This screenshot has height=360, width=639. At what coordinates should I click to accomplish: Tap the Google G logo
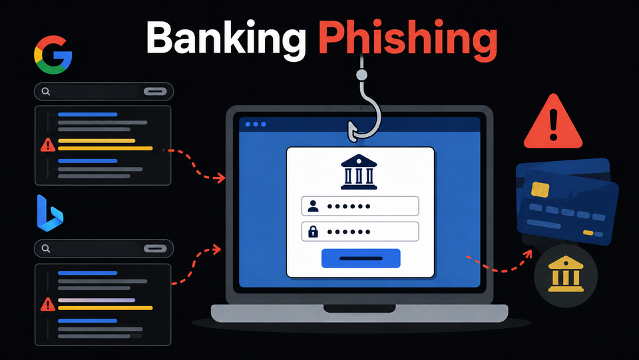click(53, 55)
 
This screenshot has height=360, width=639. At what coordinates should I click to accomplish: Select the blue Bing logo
click(50, 213)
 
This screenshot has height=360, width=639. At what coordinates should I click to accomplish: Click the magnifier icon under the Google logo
click(46, 92)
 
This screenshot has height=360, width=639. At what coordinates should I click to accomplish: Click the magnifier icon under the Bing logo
click(46, 248)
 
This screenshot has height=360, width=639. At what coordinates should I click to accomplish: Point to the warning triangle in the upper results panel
click(48, 145)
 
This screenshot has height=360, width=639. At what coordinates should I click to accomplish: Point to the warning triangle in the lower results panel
click(48, 304)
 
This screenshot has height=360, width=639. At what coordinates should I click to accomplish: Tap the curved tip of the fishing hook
click(351, 132)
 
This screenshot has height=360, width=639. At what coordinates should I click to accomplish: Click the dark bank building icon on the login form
click(359, 172)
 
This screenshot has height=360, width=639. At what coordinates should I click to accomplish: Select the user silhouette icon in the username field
click(313, 206)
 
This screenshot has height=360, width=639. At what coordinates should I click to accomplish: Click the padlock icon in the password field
click(313, 232)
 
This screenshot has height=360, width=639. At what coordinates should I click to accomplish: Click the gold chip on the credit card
click(540, 190)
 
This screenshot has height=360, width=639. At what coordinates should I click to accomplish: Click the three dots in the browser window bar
click(256, 124)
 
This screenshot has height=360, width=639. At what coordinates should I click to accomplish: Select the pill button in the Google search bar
click(155, 92)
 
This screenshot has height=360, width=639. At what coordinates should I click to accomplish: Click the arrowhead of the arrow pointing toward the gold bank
click(528, 254)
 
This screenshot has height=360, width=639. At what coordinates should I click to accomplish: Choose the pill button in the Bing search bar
click(155, 248)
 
